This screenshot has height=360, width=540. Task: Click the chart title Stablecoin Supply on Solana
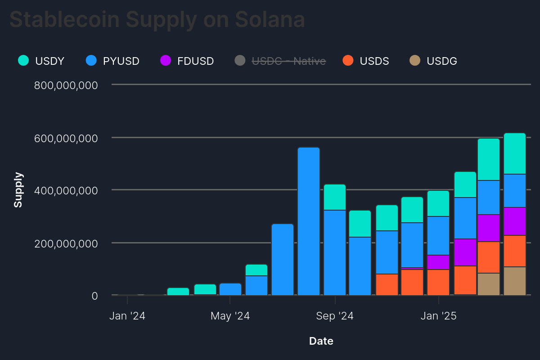tap(157, 19)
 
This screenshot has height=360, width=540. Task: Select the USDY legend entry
tap(42, 61)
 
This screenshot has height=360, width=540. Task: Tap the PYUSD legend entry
tap(113, 61)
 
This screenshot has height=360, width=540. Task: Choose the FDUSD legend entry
tap(187, 61)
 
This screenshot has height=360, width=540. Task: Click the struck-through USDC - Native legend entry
tap(280, 61)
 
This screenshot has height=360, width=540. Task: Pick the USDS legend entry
tap(366, 61)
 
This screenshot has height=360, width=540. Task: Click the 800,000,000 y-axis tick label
tap(66, 85)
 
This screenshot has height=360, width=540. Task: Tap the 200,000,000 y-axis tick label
tap(66, 243)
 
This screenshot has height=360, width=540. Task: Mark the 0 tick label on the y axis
tap(94, 296)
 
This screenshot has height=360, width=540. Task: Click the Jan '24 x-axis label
tap(127, 316)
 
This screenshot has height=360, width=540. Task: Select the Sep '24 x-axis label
tap(335, 316)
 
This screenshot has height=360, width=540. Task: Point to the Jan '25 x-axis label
tap(438, 316)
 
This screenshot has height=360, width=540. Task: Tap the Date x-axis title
tap(321, 341)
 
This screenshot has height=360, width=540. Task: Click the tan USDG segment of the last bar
tap(515, 281)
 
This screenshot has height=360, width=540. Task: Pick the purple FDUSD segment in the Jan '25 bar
tap(438, 262)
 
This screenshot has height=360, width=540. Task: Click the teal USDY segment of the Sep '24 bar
tap(335, 197)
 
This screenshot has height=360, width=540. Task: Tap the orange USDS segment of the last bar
tap(515, 251)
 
